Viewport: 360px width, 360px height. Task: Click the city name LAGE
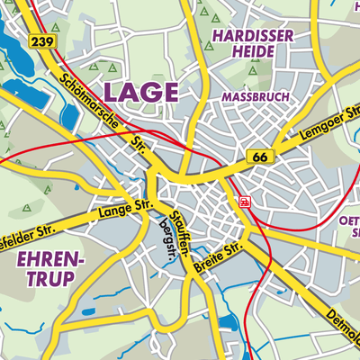(x=139, y=91)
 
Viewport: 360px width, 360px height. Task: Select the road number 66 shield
(x=259, y=157)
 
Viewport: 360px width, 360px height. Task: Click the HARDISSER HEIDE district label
(x=242, y=43)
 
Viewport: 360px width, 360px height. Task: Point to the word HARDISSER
(x=242, y=35)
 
